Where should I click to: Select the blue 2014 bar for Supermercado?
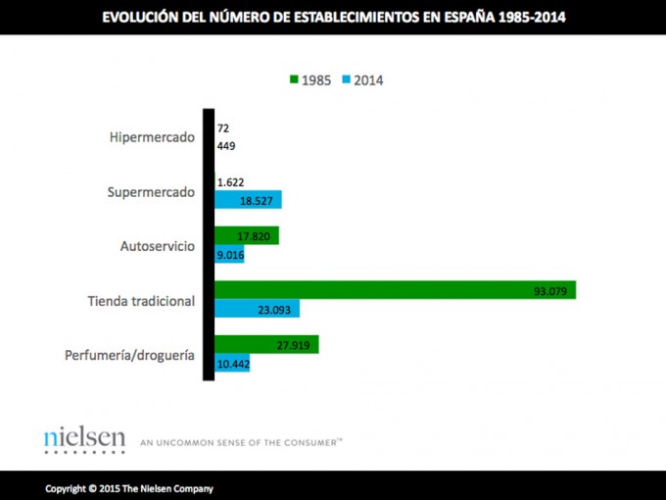coord(248,200)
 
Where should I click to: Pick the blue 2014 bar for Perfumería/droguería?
coord(232,364)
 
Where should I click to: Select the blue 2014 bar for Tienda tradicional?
coord(257,309)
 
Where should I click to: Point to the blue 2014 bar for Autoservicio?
coord(229,255)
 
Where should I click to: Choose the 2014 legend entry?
coord(361,79)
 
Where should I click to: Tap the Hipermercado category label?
coord(152,137)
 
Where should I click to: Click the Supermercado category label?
coord(151,191)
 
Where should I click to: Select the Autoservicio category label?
coord(158,245)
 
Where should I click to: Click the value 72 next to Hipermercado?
coord(223,128)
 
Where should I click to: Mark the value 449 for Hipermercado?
coord(226,147)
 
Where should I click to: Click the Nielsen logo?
coord(84,440)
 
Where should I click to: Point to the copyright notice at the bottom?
coord(128,487)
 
